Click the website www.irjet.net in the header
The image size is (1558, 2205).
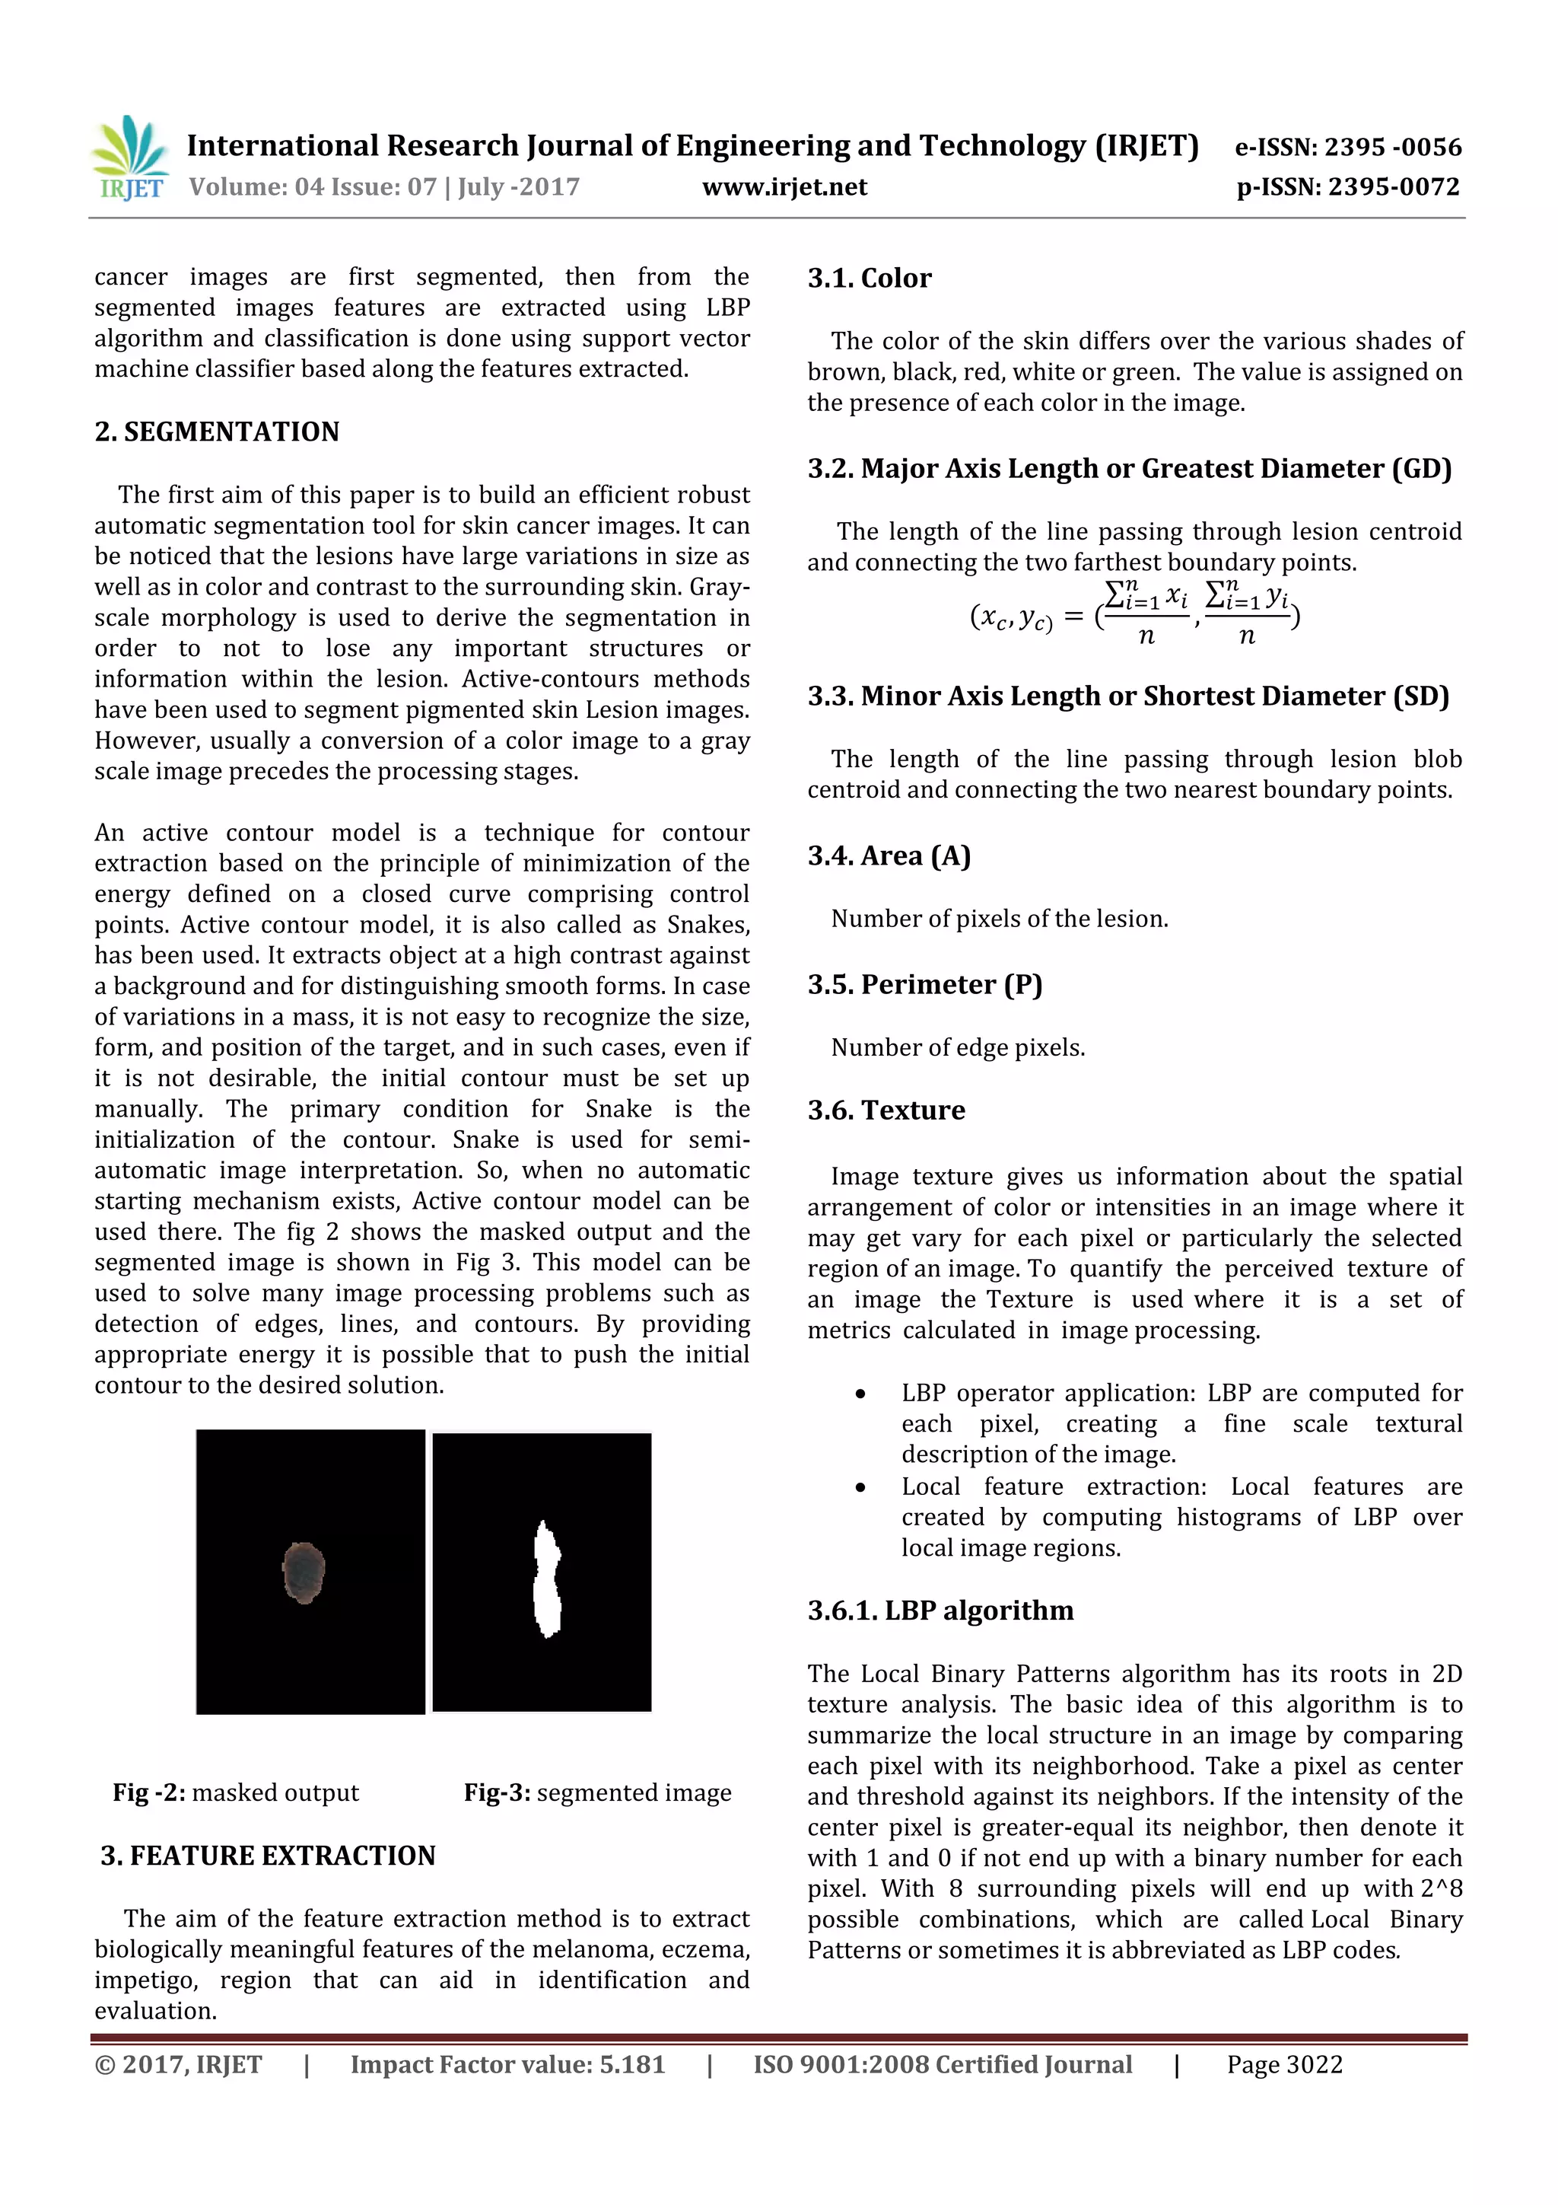784,186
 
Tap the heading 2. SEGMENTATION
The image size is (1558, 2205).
217,432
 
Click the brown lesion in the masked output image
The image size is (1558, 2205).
304,1572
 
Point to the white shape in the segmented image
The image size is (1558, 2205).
546,1580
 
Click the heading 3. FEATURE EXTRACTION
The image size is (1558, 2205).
268,1856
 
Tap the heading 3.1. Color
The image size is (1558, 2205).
869,279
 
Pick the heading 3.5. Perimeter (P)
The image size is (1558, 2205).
924,984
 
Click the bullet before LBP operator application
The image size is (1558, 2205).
861,1394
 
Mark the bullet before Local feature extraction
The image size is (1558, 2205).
861,1487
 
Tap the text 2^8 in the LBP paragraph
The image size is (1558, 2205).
1442,1889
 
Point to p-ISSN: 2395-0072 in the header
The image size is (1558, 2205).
1348,186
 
